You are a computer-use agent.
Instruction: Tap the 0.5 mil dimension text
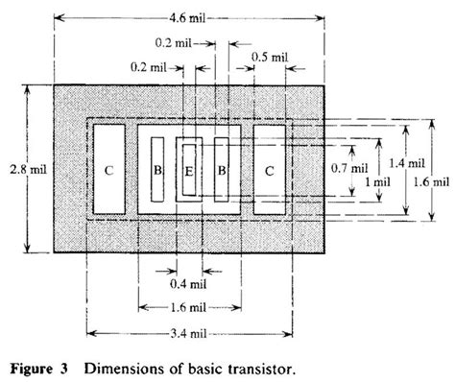click(x=273, y=58)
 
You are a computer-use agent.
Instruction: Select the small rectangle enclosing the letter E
click(x=189, y=170)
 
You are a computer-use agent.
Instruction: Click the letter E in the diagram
click(x=189, y=171)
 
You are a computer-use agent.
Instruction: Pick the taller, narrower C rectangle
click(x=108, y=170)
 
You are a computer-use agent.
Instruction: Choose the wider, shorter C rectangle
click(x=270, y=171)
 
